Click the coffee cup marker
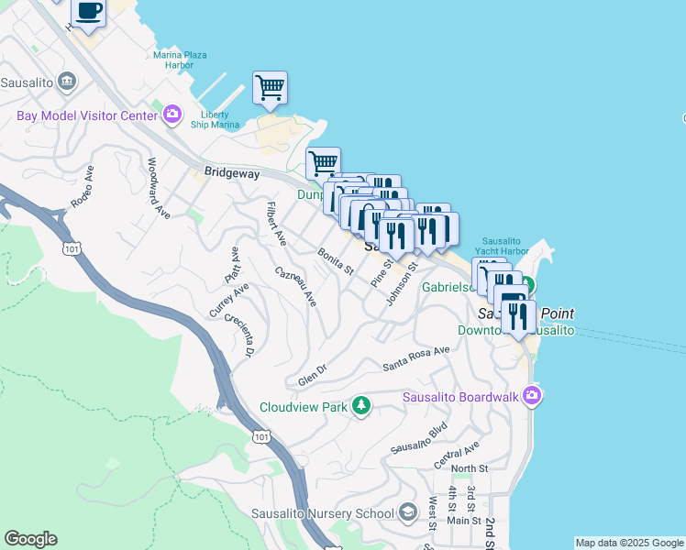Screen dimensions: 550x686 88,12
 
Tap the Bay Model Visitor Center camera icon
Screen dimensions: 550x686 171,115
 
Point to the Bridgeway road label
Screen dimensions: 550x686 232,172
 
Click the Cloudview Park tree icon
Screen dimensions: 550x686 362,405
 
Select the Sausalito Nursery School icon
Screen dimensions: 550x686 408,513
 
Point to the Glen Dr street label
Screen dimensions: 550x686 313,375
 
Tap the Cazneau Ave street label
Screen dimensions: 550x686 296,286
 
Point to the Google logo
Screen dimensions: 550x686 30,539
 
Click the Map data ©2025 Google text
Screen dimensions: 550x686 629,543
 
